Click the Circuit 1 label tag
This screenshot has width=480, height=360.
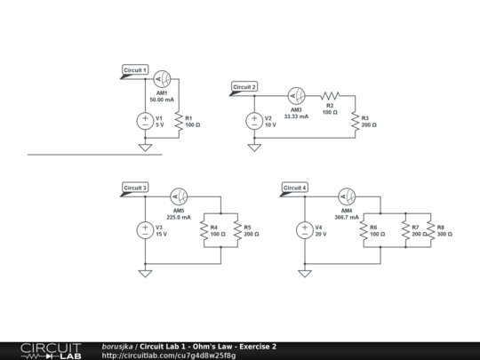coord(135,69)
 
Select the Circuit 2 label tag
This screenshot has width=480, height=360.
coord(244,87)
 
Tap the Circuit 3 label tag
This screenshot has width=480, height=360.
coord(135,188)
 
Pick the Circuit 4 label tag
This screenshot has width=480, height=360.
coord(295,188)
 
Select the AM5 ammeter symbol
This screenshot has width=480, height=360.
coord(179,196)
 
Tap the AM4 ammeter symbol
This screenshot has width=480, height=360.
coord(346,196)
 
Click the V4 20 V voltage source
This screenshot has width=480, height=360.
coord(305,230)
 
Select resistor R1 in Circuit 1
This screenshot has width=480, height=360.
coord(179,121)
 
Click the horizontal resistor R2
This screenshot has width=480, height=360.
coord(330,95)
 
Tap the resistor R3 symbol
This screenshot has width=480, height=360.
coord(355,121)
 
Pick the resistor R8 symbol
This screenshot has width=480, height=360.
coord(430,230)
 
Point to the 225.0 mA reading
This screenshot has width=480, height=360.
coord(179,217)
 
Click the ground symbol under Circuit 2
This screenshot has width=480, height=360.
coord(254,148)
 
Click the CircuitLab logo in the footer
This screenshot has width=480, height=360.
coord(50,350)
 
